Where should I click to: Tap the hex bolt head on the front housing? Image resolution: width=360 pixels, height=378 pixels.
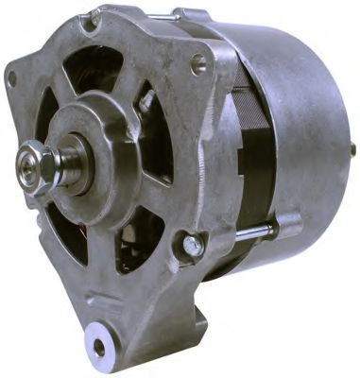pyautogui.click(x=193, y=245)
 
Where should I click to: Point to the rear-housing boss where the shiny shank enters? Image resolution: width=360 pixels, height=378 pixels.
pyautogui.click(x=283, y=224)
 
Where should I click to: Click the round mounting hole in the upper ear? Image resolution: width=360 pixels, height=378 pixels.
pyautogui.click(x=197, y=65)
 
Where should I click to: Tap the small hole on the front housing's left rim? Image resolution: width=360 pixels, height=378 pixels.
pyautogui.click(x=12, y=79)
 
